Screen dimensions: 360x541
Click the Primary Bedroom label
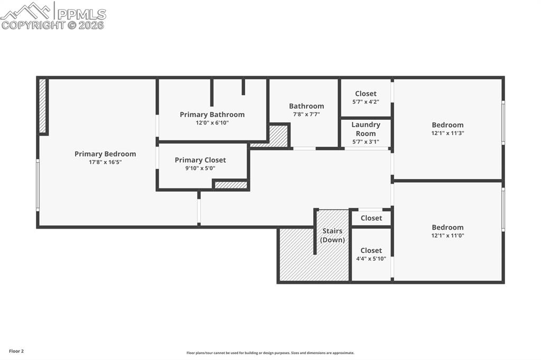coord(105,154)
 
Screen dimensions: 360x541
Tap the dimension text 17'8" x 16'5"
coord(105,163)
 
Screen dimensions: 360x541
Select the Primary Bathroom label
coord(212,115)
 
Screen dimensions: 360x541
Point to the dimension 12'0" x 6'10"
coord(212,123)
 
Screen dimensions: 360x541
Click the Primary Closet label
coord(200,160)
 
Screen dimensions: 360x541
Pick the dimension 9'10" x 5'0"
coord(200,168)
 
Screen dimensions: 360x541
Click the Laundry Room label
coord(366,129)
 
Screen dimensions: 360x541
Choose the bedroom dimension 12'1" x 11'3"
coord(447,134)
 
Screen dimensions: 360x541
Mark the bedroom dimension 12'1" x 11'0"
coord(447,236)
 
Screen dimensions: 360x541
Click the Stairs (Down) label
coord(332,235)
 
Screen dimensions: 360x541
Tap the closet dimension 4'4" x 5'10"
coord(371,259)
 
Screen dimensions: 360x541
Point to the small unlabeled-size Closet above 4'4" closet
coord(371,218)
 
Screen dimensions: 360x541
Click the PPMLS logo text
coord(81,14)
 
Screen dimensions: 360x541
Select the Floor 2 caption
coord(16,351)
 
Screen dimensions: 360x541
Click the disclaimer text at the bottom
coord(270,353)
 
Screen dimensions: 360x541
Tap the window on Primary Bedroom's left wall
coord(38,185)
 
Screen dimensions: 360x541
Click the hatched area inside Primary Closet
coord(231,185)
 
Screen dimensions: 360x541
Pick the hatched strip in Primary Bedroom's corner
coord(42,106)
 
